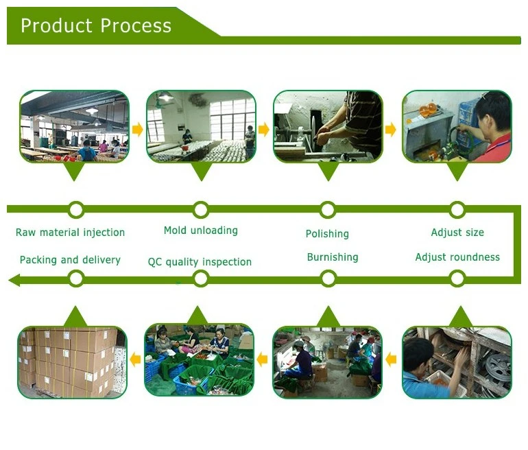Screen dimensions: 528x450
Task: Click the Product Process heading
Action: click(96, 26)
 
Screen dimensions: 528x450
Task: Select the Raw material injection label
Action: click(71, 233)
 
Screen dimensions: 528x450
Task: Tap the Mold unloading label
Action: click(201, 230)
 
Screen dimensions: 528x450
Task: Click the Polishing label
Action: click(327, 234)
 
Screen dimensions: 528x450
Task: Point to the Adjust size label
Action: click(457, 233)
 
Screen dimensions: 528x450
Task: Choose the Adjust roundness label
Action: click(457, 257)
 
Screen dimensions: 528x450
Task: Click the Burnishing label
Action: click(333, 257)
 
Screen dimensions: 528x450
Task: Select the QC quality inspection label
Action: click(200, 262)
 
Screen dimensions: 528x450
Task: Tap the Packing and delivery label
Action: click(70, 260)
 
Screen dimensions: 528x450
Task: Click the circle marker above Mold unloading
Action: click(201, 209)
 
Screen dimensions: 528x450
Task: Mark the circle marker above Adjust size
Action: click(457, 209)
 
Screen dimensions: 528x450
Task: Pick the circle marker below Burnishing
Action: click(328, 279)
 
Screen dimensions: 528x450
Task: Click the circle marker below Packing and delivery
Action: click(76, 279)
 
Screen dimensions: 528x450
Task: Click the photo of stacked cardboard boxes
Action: click(72, 362)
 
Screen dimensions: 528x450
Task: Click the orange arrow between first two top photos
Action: click(137, 129)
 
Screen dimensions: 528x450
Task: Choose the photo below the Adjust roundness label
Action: click(457, 362)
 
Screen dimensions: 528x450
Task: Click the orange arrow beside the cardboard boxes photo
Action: click(135, 359)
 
